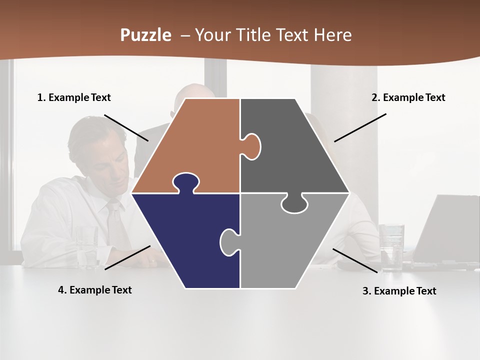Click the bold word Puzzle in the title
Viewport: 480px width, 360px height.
tap(145, 35)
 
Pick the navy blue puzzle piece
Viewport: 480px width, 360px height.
tap(185, 240)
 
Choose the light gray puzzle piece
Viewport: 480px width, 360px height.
tap(285, 245)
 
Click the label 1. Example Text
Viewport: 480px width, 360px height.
tap(74, 97)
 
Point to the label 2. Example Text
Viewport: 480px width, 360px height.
tap(408, 97)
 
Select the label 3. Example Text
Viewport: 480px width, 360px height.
tap(399, 291)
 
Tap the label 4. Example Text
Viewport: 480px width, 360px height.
tap(95, 290)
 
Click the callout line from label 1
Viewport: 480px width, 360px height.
tap(126, 127)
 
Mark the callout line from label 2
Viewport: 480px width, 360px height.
tap(360, 127)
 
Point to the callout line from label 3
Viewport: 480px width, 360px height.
tap(355, 260)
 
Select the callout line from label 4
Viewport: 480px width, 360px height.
tap(127, 257)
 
